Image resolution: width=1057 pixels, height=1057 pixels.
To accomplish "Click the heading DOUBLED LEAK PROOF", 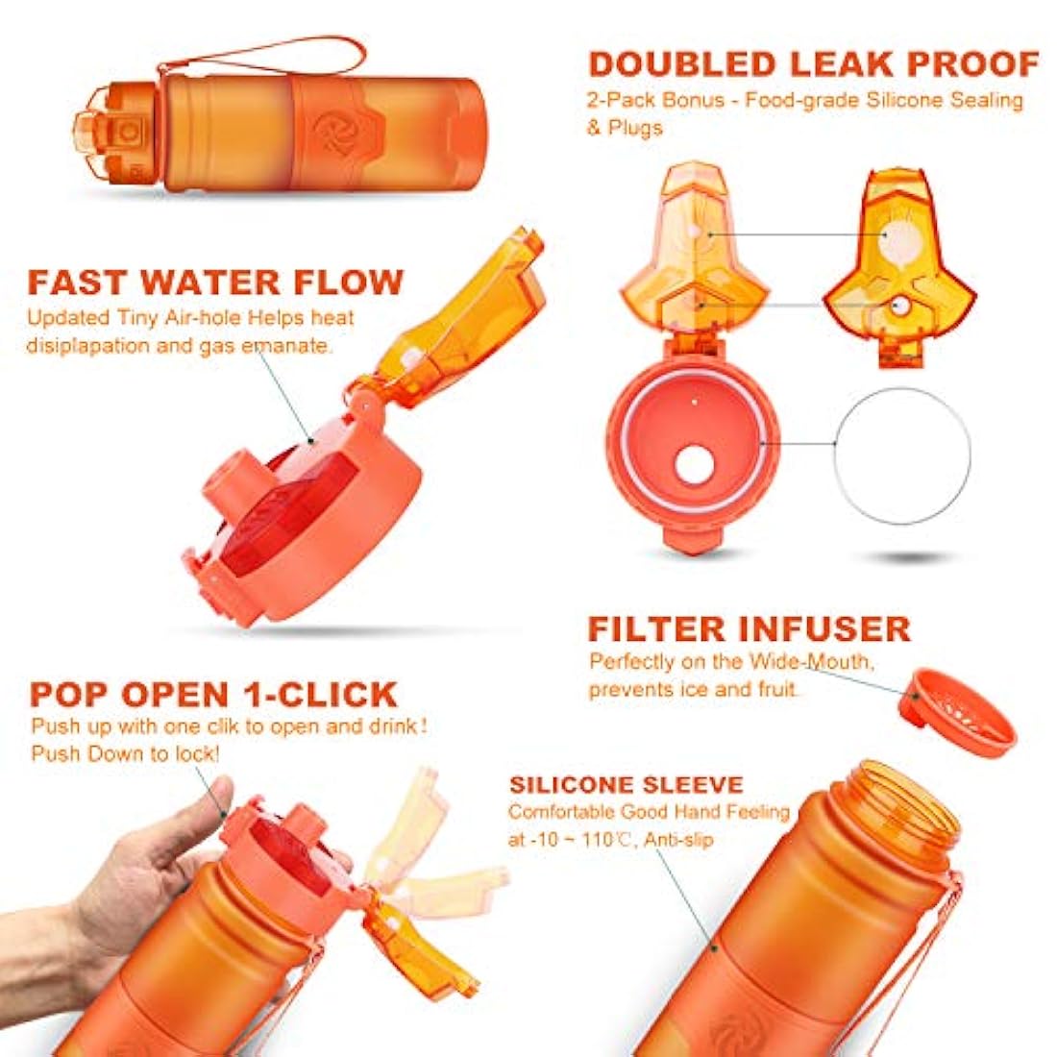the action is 814,64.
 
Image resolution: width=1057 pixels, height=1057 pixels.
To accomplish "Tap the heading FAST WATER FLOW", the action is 215,282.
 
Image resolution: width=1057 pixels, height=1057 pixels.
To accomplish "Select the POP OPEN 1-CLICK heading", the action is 213,695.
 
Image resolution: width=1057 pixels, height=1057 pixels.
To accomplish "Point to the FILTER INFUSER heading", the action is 749,628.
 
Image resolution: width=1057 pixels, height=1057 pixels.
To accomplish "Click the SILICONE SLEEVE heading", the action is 627,785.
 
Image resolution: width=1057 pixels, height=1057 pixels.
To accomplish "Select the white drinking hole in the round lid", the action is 695,465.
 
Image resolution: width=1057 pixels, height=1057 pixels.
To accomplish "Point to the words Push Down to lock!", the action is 125,753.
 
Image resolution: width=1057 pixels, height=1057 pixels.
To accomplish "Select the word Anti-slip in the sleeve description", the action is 678,840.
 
